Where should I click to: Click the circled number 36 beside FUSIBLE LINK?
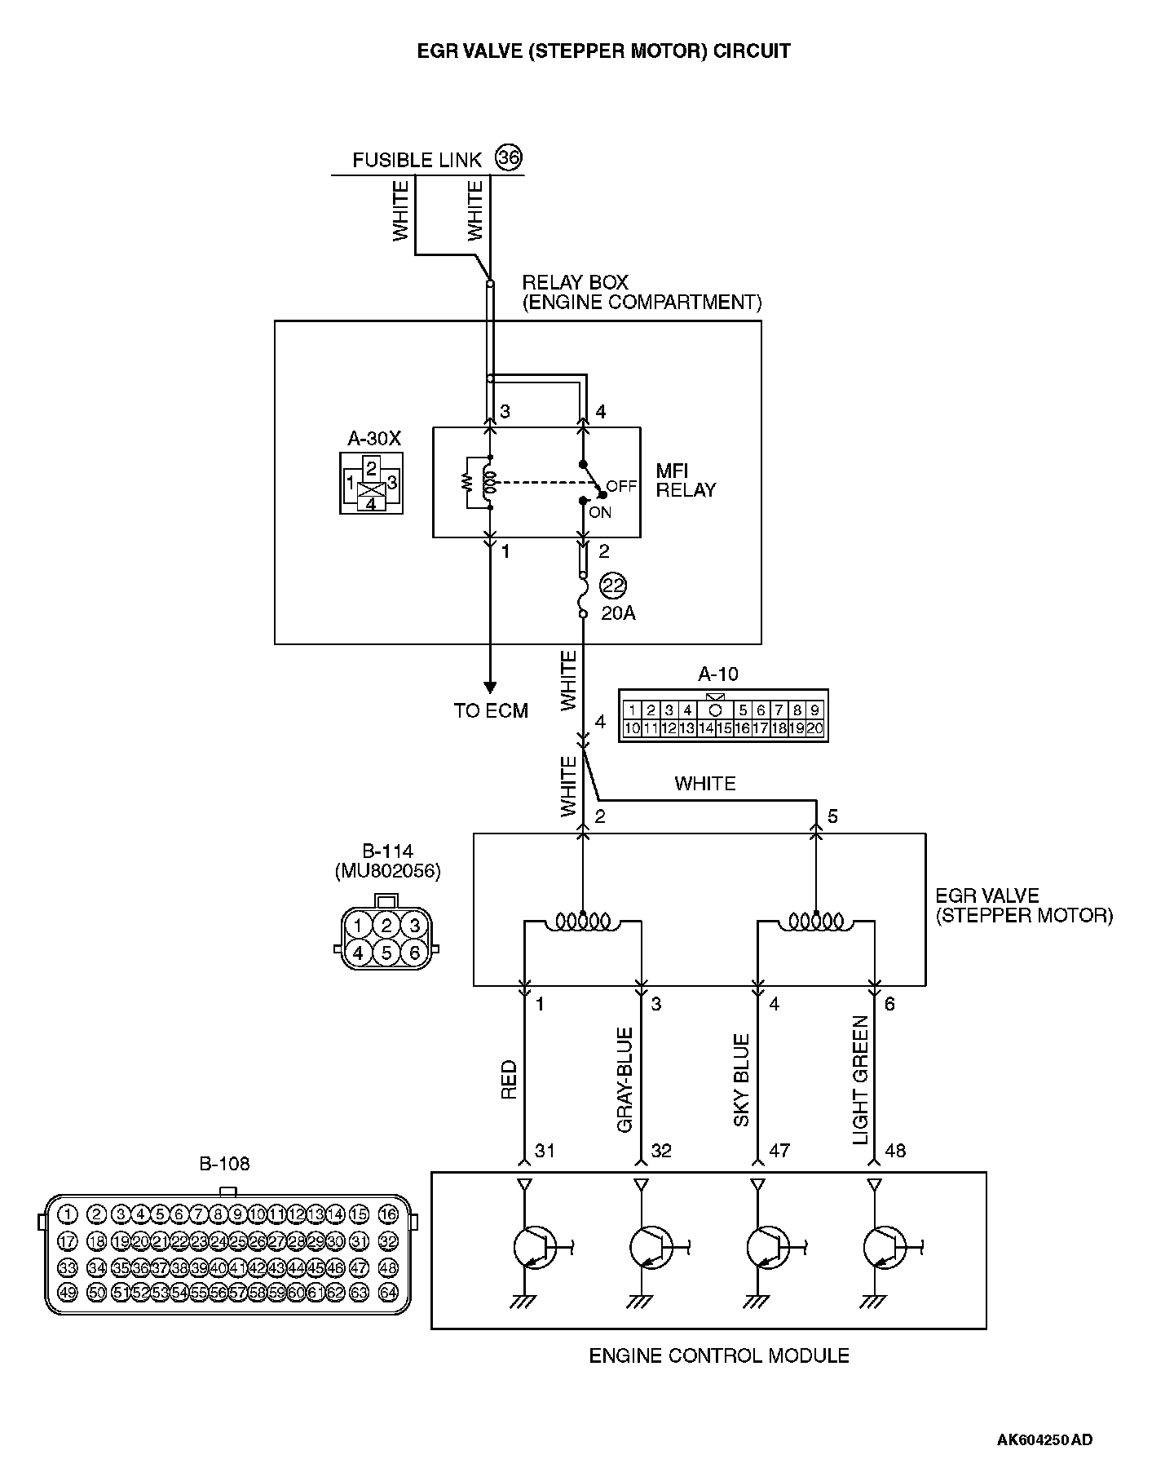pos(509,158)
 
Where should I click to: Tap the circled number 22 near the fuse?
pos(612,586)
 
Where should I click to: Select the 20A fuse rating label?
pos(618,612)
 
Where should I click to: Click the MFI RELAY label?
pos(686,480)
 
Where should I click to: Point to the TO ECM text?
pos(491,710)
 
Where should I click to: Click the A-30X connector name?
pos(374,438)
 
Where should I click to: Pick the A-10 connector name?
pos(718,674)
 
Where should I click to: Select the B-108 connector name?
pos(224,1163)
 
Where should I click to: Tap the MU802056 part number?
pos(387,872)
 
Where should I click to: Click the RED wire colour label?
pos(509,1079)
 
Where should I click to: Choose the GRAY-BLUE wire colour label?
pos(625,1080)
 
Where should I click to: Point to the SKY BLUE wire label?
pos(741,1081)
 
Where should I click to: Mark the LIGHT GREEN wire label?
pos(860,1080)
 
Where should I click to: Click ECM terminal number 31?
pos(545,1151)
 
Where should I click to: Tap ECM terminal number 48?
pos(895,1151)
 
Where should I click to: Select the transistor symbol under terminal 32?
pos(651,1246)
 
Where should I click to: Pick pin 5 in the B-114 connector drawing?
pos(386,952)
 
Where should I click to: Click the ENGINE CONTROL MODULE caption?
pos(719,1355)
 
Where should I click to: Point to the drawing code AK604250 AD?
pos(1044,1439)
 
